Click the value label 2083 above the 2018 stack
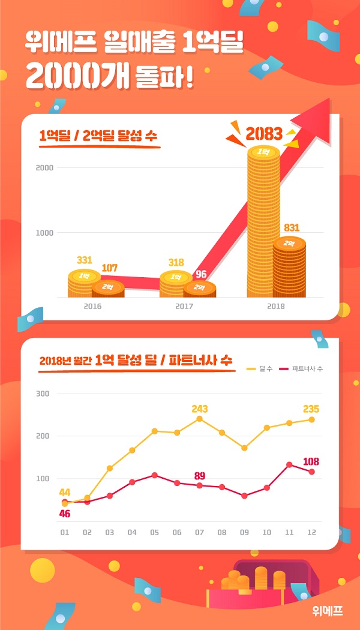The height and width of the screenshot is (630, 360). click(x=264, y=134)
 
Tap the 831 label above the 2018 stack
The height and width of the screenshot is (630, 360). click(x=292, y=228)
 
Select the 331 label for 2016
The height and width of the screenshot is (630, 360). click(x=85, y=260)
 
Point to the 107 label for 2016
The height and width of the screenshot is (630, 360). click(x=109, y=268)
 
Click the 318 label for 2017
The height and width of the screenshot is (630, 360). click(x=176, y=262)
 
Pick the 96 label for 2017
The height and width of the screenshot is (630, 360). click(x=201, y=274)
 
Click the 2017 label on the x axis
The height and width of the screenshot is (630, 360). click(x=185, y=306)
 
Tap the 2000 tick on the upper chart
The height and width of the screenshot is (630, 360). click(x=45, y=167)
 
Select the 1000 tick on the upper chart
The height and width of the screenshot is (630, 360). click(x=45, y=233)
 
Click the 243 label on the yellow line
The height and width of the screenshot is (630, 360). click(x=200, y=409)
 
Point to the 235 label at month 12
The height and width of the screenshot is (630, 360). click(x=311, y=409)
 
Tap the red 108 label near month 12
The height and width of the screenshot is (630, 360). click(x=311, y=461)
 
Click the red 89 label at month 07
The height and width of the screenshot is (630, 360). click(x=200, y=476)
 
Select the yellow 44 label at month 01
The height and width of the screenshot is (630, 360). click(x=64, y=493)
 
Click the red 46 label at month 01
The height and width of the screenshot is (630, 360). click(x=64, y=514)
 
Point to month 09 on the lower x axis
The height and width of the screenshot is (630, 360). click(x=244, y=532)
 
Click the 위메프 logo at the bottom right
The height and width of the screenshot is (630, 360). click(x=328, y=611)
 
